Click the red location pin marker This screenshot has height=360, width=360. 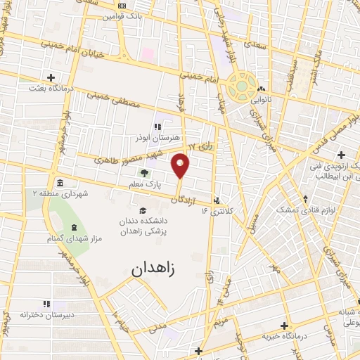(x=181, y=165)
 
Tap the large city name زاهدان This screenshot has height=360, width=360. (x=155, y=268)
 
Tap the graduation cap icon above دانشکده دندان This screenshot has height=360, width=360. (x=143, y=211)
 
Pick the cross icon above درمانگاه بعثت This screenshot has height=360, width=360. (x=51, y=77)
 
